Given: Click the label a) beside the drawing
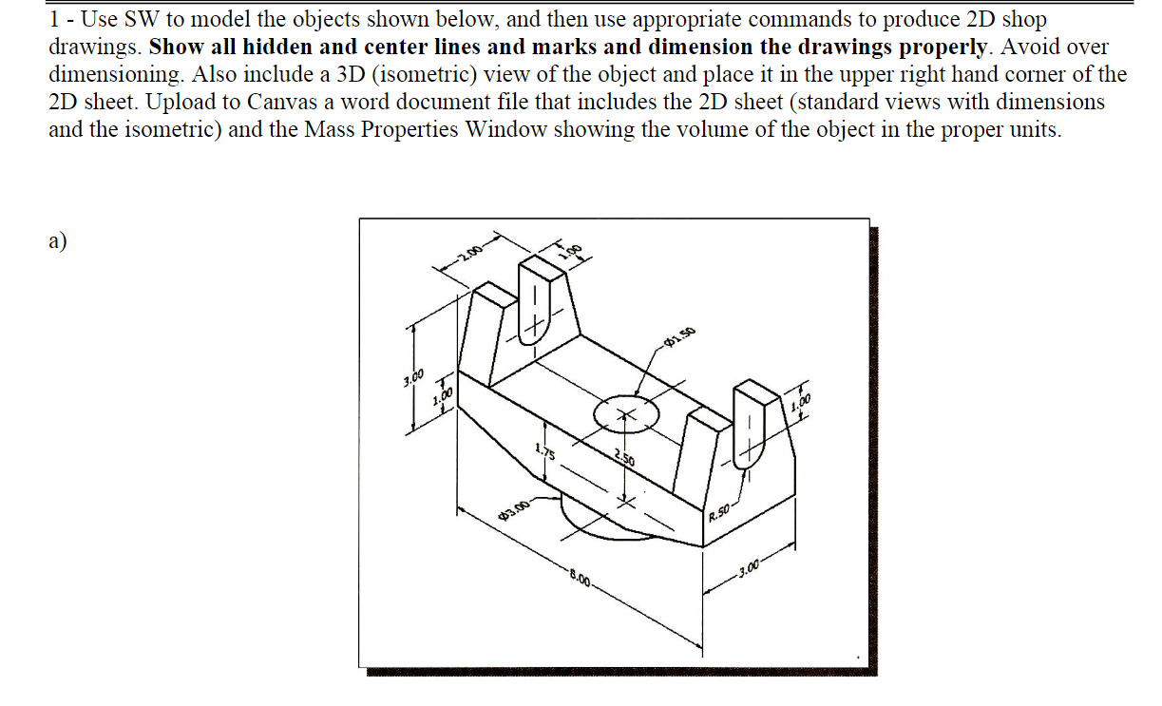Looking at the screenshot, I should (57, 240).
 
